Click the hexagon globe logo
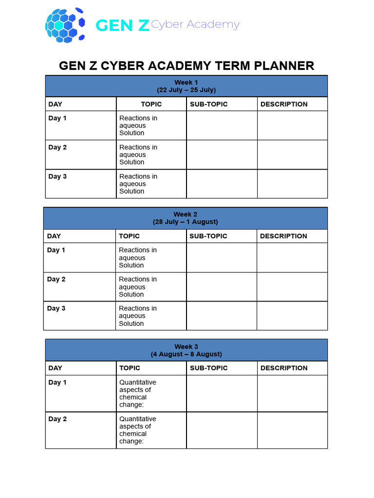[x=65, y=24]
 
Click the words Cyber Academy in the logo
[x=195, y=25]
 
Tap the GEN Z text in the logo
[x=122, y=25]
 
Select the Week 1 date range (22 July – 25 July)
[x=186, y=90]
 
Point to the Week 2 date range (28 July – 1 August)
[x=186, y=222]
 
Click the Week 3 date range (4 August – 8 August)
[x=186, y=354]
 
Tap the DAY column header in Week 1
[x=55, y=104]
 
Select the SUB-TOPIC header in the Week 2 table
[x=208, y=236]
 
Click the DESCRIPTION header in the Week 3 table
[x=284, y=368]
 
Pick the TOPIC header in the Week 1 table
[x=151, y=104]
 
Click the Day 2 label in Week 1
[x=57, y=147]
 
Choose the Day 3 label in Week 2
[x=56, y=308]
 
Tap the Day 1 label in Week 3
[x=57, y=382]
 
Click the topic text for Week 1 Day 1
[x=138, y=125]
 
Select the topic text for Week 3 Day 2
[x=137, y=430]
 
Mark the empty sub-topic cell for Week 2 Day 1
[x=222, y=258]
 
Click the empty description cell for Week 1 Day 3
[x=292, y=184]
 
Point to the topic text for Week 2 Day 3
[x=137, y=316]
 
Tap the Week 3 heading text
[x=186, y=347]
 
